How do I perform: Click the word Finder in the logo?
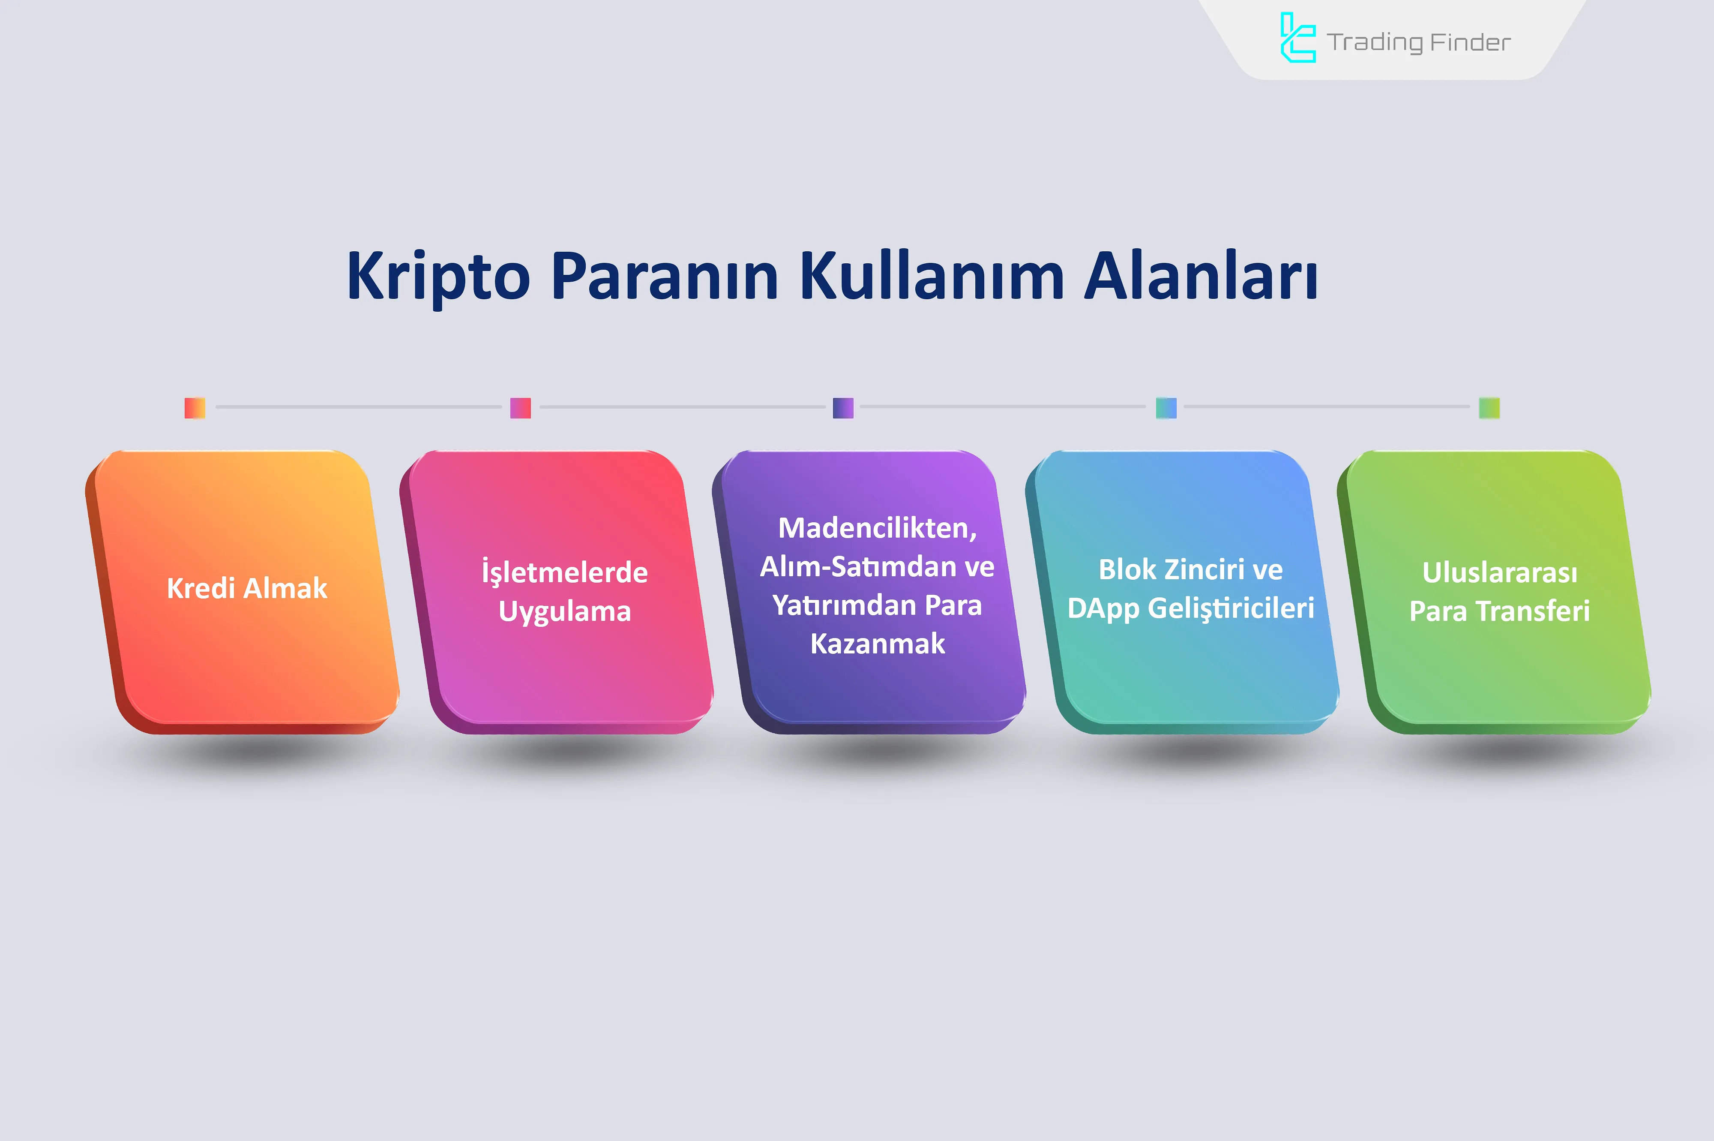point(1470,42)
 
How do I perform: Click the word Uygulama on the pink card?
point(564,612)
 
